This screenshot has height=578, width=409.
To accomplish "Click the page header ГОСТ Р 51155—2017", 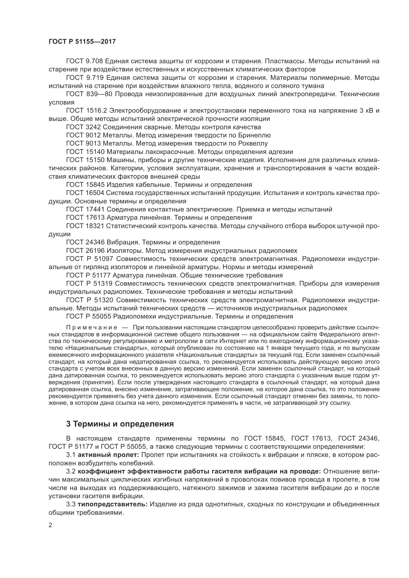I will (82, 42).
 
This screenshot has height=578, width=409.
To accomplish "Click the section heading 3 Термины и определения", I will (120, 424).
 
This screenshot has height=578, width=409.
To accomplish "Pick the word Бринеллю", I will (254, 135).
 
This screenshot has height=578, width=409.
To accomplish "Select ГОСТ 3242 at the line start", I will (83, 127).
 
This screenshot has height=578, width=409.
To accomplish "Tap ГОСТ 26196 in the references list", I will (85, 251).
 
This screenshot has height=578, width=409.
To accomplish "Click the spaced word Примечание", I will (92, 327).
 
